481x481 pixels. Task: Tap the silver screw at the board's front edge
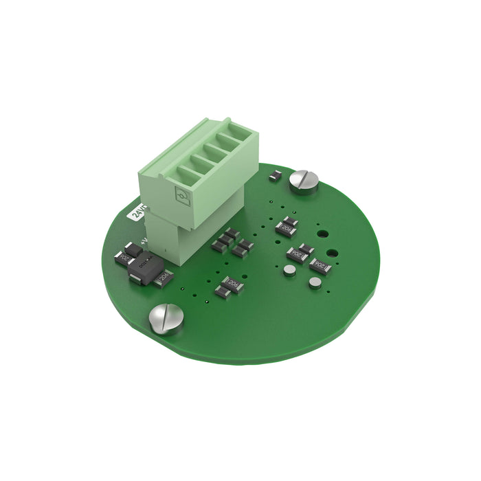(x=167, y=317)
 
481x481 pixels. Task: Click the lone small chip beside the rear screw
(x=274, y=175)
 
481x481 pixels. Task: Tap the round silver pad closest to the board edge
(x=315, y=282)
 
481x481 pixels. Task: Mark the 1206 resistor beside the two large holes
(x=320, y=265)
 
